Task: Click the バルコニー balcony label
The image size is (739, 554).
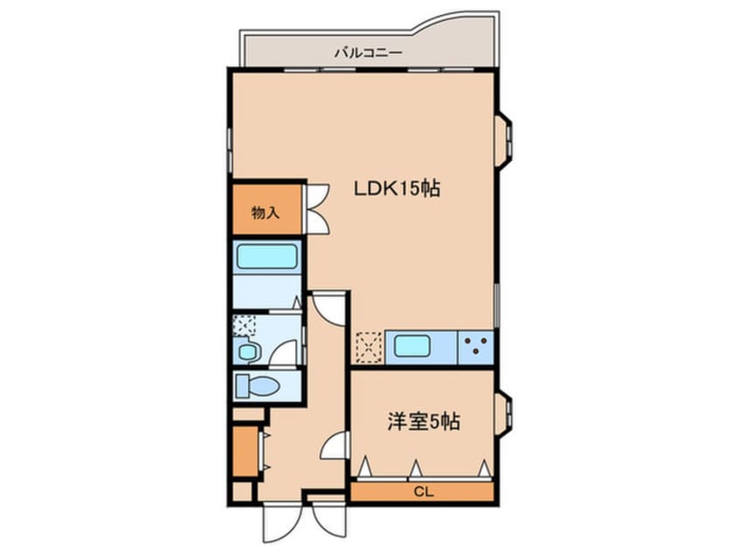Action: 368,53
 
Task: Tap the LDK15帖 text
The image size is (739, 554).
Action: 396,188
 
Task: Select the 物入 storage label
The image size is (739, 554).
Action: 265,211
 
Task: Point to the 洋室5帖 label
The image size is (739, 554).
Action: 423,422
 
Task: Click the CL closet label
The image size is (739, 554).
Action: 424,493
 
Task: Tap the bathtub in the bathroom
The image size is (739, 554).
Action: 266,257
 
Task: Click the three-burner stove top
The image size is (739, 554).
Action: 476,346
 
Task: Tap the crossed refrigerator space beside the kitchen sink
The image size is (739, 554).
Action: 369,346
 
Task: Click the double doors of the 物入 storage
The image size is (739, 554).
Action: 316,208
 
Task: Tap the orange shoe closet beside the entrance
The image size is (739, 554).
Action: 245,448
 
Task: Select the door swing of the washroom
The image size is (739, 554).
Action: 284,353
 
